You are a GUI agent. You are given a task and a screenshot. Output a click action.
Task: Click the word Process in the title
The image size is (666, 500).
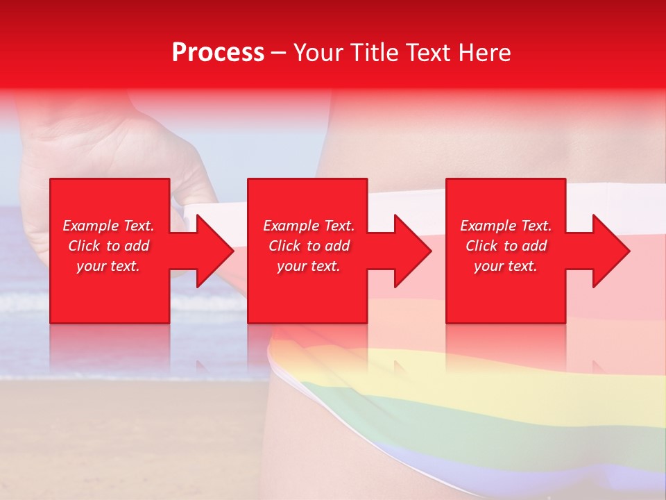click(x=218, y=52)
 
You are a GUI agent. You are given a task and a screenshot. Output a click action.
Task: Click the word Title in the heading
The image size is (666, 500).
click(x=377, y=52)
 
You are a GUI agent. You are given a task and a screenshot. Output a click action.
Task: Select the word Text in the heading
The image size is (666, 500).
click(x=429, y=52)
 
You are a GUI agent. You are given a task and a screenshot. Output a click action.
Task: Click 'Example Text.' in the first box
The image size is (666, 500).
click(x=108, y=226)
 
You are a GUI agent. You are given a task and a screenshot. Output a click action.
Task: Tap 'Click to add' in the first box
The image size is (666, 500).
click(x=108, y=246)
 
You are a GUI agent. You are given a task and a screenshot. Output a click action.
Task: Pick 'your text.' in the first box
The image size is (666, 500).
click(x=108, y=266)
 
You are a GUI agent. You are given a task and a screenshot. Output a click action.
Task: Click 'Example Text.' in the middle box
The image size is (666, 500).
click(x=309, y=226)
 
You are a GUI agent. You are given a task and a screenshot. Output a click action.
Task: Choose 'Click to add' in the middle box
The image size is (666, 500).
click(x=309, y=246)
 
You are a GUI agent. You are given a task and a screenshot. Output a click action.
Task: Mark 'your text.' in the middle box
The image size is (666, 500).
click(x=309, y=266)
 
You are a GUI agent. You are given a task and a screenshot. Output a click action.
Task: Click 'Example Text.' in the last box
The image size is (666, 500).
click(x=506, y=226)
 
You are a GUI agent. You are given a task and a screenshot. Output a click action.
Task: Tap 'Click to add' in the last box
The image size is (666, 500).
click(x=506, y=246)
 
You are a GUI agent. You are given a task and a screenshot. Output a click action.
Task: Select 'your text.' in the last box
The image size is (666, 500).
click(x=506, y=266)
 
